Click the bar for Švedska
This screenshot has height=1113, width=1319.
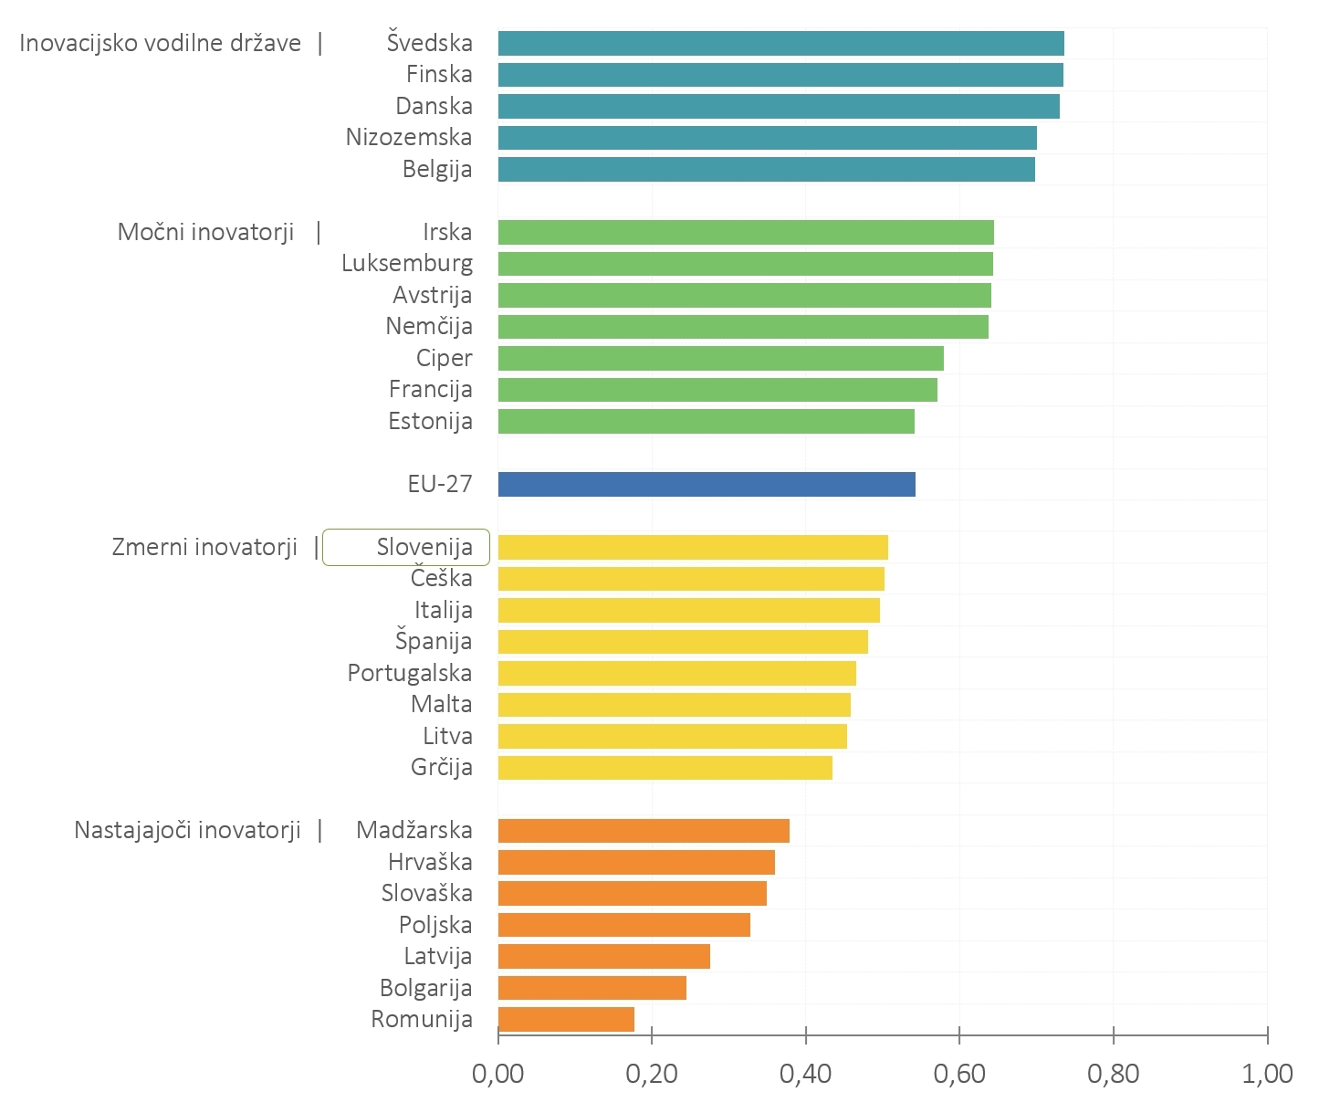coord(780,43)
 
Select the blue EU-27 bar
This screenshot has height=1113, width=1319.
coord(707,484)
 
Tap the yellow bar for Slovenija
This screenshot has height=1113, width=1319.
coord(693,547)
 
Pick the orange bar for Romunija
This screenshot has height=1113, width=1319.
coord(566,1019)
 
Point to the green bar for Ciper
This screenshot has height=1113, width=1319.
coord(720,358)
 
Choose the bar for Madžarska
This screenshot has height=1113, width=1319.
coord(644,831)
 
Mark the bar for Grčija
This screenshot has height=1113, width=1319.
coord(665,768)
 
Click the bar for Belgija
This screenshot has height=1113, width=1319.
coord(766,169)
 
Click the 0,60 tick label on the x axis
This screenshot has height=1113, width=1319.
coord(959,1074)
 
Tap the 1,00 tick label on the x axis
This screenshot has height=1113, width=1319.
coord(1267,1074)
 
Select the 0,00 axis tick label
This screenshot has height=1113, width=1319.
coord(498,1074)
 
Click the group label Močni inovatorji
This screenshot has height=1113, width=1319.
coord(206,232)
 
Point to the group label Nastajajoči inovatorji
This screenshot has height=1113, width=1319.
coord(187,830)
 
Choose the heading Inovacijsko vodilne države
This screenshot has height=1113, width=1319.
coord(160,43)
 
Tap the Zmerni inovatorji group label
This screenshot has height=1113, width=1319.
coord(204,547)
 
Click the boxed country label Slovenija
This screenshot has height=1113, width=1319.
coord(424,547)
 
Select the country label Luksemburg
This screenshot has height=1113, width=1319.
coord(407,263)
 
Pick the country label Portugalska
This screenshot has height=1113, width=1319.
coord(410,673)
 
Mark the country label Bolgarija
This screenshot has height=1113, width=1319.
coord(426,988)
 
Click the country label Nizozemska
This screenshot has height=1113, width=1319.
coord(409,137)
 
